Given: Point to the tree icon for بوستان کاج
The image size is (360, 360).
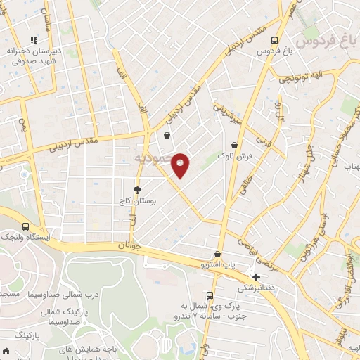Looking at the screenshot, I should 137,190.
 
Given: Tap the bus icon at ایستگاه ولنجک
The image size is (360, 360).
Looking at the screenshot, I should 26,226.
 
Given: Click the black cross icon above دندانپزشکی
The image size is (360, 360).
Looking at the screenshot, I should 256,277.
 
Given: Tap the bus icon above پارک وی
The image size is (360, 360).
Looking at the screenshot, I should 209,295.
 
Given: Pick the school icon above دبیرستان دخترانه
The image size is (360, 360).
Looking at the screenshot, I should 32,41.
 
